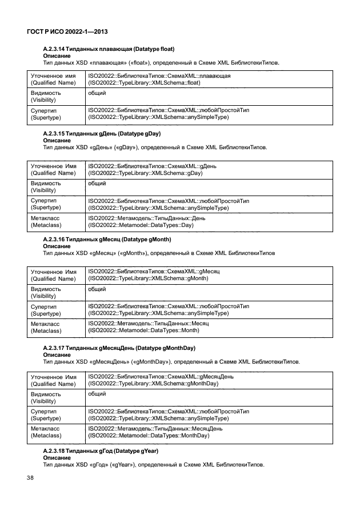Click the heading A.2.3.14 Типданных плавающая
pos(109,50)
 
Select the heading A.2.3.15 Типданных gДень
pos(102,133)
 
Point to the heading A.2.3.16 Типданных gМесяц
pos(107,238)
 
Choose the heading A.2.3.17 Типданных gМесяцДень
pos(119,348)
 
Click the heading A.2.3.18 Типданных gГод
pos(101,451)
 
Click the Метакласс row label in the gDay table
pos(46,222)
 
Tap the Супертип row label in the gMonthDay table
pos(45,415)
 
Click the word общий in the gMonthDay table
pos(97,394)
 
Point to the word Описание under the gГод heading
pos(57,457)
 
